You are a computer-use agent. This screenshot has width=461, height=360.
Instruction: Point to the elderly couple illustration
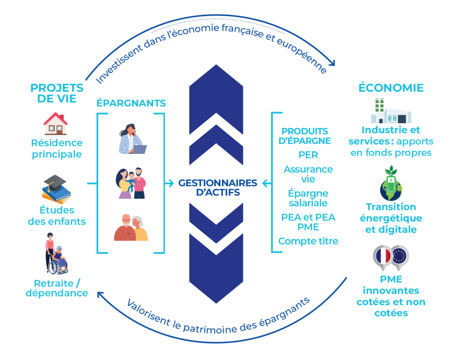pyautogui.click(x=131, y=227)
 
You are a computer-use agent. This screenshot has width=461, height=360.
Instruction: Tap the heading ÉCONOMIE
pyautogui.click(x=391, y=87)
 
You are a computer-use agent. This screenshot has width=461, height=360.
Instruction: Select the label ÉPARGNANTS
pyautogui.click(x=131, y=103)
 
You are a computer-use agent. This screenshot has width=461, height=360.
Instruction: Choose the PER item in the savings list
pyautogui.click(x=308, y=155)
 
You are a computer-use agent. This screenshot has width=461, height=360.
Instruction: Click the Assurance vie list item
pyautogui.click(x=308, y=174)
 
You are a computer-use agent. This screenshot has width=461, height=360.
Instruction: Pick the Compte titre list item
pyautogui.click(x=308, y=241)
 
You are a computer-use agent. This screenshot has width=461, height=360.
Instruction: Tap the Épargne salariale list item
pyautogui.click(x=308, y=198)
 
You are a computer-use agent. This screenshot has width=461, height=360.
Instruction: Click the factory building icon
pyautogui.click(x=390, y=112)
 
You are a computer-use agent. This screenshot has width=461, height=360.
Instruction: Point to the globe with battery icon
pyautogui.click(x=390, y=184)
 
